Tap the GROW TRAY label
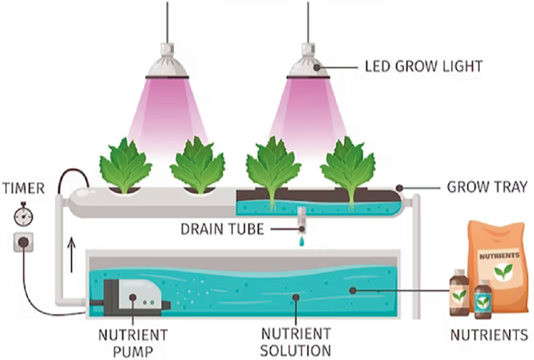click(x=487, y=187)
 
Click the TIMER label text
click(x=23, y=188)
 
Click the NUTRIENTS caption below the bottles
click(x=489, y=336)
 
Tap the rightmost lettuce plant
click(x=348, y=166)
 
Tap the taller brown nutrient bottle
click(x=459, y=294)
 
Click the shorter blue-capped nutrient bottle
click(x=483, y=299)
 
